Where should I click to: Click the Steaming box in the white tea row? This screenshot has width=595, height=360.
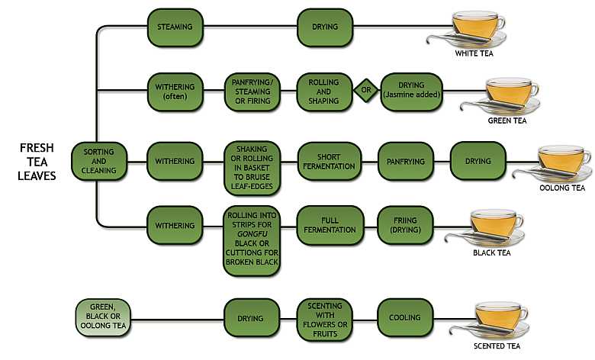pos(175,27)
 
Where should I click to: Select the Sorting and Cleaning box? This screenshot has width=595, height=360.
pos(98,161)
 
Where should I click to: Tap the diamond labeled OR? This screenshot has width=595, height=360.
pos(365,91)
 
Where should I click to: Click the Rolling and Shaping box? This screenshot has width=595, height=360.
pos(323,91)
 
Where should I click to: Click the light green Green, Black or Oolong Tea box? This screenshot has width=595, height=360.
pos(102,318)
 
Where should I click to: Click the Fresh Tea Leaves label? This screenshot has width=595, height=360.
pos(37,161)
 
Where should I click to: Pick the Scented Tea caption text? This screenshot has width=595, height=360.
pos(497,346)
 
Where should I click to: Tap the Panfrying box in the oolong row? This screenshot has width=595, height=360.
pos(405,161)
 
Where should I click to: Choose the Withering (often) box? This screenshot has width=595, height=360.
pos(175,91)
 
